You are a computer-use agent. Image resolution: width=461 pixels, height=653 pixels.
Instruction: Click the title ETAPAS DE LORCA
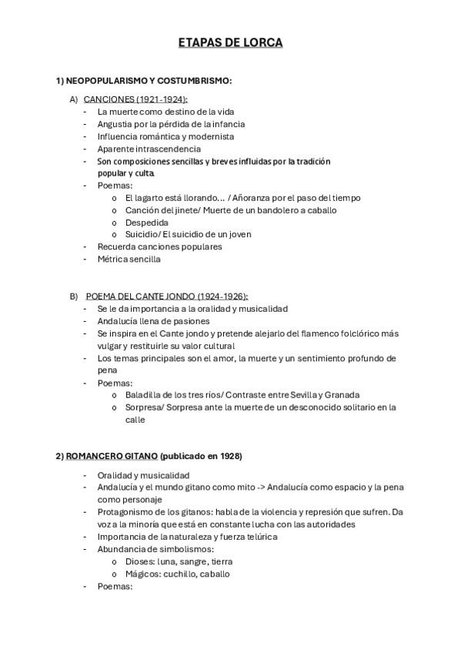point(230,43)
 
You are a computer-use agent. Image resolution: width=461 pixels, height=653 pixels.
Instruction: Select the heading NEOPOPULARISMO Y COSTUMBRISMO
point(149,80)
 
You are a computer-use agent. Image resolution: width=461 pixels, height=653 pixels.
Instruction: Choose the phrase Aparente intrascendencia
point(139,149)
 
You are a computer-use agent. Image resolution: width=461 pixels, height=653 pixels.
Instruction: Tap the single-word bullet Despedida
point(146,223)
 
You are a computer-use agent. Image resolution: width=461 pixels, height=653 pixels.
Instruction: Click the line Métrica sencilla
point(129,260)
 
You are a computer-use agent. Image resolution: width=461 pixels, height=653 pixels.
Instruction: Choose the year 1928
point(227,457)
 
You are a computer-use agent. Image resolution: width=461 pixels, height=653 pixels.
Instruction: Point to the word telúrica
point(259,537)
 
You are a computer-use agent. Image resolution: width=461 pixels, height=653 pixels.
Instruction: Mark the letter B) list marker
point(74,296)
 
